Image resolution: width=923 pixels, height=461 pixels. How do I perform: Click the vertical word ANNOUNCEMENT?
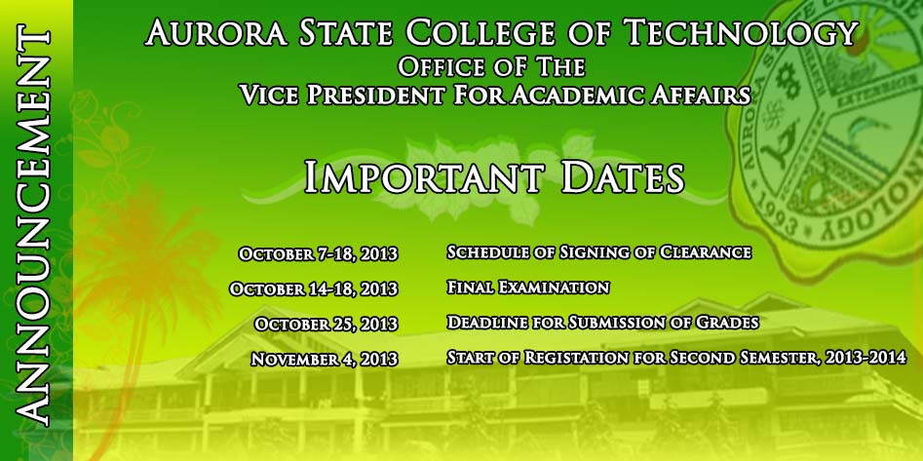tap(31, 226)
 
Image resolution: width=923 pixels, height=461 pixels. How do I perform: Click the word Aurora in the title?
tap(216, 32)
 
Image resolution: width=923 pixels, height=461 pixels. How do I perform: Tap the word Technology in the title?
tap(741, 32)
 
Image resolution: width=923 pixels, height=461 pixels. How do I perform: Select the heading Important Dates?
tap(494, 176)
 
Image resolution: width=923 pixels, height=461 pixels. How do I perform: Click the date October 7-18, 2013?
tap(318, 254)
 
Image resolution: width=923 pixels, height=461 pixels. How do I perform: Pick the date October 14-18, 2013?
tap(314, 289)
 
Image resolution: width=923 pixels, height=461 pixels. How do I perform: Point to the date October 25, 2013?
tap(327, 324)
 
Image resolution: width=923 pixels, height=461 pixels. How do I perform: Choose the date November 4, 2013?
tap(325, 359)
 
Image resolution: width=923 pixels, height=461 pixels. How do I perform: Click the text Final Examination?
tap(528, 288)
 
